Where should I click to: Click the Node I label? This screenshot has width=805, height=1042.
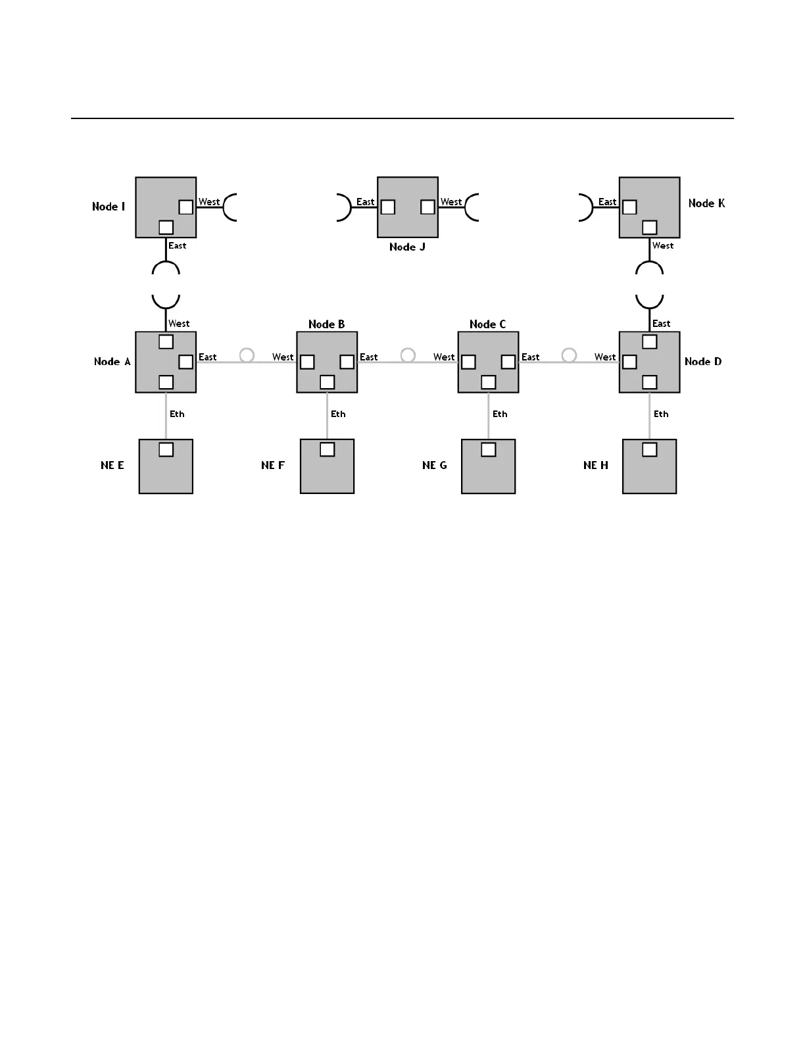tap(109, 207)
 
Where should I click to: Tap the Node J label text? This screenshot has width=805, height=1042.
tap(407, 247)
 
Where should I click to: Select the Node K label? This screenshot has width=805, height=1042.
tap(706, 203)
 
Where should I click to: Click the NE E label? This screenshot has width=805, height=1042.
tap(112, 465)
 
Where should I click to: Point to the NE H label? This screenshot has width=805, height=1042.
tap(596, 465)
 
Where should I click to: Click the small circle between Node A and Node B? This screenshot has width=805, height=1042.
tap(247, 355)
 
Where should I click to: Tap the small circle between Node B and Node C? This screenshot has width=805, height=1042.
tap(408, 355)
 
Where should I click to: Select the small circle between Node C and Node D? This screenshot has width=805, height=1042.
tap(569, 355)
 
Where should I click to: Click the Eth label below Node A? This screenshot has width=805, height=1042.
tap(177, 414)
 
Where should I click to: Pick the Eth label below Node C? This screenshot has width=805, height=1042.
tap(500, 414)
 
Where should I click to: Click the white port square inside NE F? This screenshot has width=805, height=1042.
tap(327, 449)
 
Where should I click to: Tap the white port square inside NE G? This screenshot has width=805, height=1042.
tap(488, 449)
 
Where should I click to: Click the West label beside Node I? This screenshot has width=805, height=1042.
tap(209, 202)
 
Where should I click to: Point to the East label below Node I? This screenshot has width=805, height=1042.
tap(178, 245)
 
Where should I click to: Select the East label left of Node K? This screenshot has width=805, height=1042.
tap(607, 202)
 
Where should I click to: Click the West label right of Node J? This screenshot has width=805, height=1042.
tap(451, 202)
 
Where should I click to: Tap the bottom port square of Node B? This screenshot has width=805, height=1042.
tap(327, 382)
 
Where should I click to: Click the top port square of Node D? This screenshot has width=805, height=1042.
tap(649, 341)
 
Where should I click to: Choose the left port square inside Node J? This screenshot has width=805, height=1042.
tap(388, 207)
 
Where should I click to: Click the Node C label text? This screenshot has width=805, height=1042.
tap(487, 324)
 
